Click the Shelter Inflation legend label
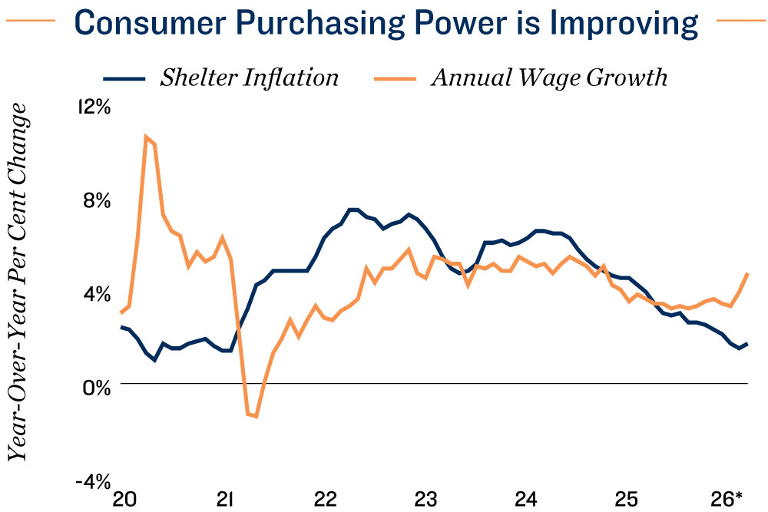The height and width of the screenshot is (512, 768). click(x=250, y=78)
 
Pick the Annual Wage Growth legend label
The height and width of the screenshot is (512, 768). click(x=549, y=78)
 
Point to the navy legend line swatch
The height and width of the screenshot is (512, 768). click(x=124, y=78)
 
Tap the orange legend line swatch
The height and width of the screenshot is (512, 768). click(x=395, y=78)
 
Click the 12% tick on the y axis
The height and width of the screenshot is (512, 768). click(x=94, y=107)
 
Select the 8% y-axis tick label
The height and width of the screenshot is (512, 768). click(x=97, y=200)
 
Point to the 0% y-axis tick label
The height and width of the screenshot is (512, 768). click(x=97, y=388)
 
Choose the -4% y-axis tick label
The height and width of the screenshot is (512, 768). click(x=93, y=481)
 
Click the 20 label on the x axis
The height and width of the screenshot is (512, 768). click(x=124, y=500)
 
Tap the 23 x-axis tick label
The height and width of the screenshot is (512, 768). click(x=425, y=500)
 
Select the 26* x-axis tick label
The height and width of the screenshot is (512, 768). click(x=727, y=500)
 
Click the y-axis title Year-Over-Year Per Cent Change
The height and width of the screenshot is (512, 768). click(x=18, y=282)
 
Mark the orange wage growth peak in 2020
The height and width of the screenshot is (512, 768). click(x=146, y=136)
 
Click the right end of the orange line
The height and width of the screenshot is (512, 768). click(x=747, y=273)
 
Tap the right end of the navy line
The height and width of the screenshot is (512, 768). click(x=747, y=344)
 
